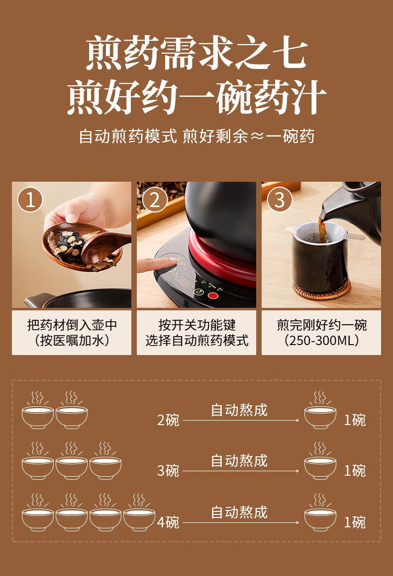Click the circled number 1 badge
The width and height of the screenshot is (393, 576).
click(x=30, y=200)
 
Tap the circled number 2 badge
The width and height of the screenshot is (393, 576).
click(x=155, y=200)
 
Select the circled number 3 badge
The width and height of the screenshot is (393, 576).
click(x=280, y=200)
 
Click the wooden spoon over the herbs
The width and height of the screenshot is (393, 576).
click(x=105, y=246)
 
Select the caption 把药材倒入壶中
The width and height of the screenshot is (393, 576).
click(x=72, y=325)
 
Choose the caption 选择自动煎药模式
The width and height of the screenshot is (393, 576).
click(x=196, y=341)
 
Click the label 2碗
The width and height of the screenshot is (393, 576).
click(x=168, y=420)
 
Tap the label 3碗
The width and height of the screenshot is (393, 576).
click(x=168, y=470)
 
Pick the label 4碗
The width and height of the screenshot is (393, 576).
click(x=168, y=522)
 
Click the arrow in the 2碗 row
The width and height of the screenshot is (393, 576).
click(x=241, y=420)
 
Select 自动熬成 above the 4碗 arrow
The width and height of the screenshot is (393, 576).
click(x=239, y=512)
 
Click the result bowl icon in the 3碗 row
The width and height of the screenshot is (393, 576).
click(x=320, y=461)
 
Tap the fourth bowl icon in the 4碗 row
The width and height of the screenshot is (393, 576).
click(x=139, y=512)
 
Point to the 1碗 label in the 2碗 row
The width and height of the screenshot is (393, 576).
click(x=355, y=420)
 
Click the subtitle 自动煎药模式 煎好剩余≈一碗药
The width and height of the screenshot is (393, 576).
click(x=196, y=136)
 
